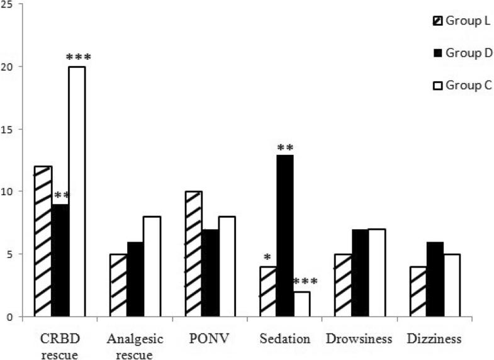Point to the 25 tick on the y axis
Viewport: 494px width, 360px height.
[x=11, y=4]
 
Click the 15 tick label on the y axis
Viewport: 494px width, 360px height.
[x=11, y=129]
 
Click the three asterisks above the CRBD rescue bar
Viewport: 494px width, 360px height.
[x=78, y=57]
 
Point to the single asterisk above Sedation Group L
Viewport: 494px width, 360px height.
[x=267, y=258]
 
